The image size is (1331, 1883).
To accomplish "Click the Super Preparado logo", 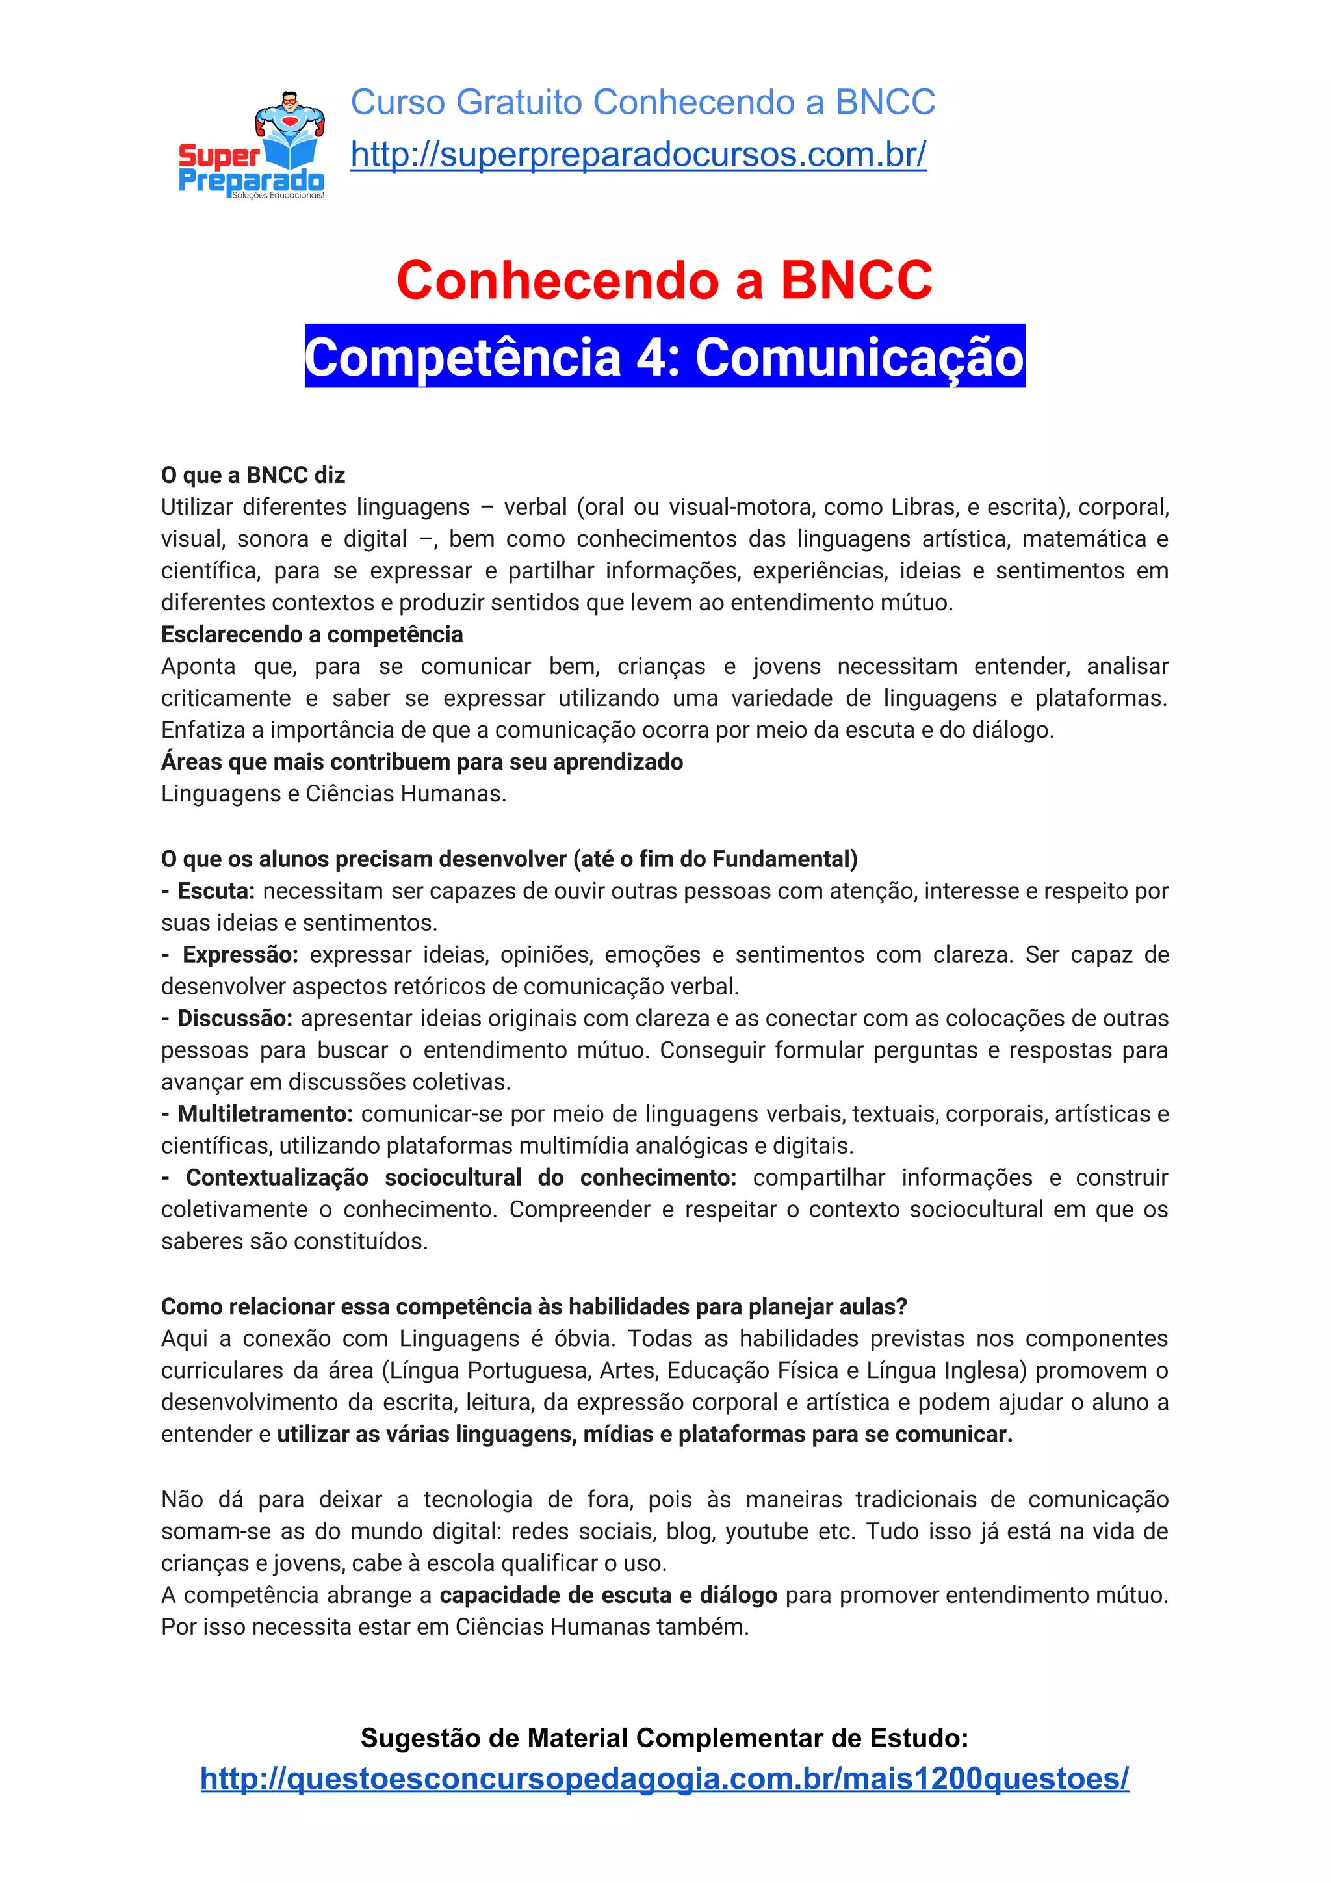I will (x=252, y=148).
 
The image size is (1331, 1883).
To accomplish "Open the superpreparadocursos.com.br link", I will (x=638, y=154).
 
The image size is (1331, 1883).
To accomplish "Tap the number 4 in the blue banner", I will (x=651, y=357).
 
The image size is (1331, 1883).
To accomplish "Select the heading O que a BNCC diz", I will (x=253, y=475).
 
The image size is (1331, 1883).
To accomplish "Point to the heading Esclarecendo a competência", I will (x=312, y=634).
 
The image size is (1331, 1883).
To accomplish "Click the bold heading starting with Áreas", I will (x=422, y=761).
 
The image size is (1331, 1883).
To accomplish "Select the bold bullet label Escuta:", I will (x=216, y=890).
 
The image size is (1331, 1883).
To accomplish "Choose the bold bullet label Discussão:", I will (x=235, y=1018).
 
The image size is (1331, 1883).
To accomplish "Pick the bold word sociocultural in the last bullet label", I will (x=453, y=1178).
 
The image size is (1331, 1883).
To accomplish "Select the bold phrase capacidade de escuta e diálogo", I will (x=608, y=1594).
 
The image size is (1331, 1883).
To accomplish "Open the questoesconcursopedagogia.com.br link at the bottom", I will (x=664, y=1778).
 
